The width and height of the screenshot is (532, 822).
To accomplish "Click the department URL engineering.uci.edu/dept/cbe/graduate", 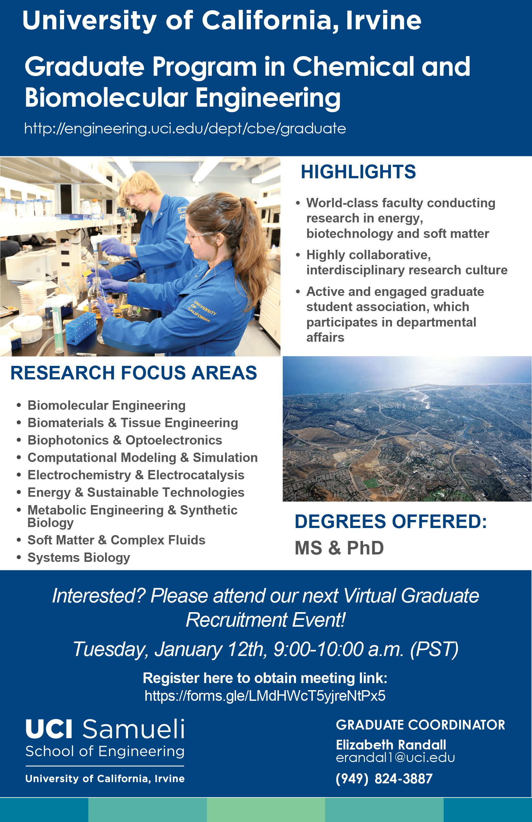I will click(x=185, y=129).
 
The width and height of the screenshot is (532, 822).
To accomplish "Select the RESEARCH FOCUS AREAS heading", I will click(x=134, y=373).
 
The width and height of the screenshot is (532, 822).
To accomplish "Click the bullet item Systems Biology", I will click(x=79, y=557).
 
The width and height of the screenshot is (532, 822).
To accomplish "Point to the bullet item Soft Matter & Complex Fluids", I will click(x=116, y=540).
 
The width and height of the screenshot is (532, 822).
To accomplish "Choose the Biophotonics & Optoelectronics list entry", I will click(x=125, y=440).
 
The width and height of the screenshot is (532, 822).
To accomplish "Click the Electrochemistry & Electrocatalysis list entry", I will click(x=136, y=475).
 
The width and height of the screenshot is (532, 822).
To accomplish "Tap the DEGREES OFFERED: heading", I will click(x=391, y=521).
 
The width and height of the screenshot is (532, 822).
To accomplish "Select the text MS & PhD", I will click(x=339, y=548).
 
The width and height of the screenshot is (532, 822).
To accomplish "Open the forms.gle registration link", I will click(x=265, y=696).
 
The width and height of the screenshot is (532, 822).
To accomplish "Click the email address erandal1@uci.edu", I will click(x=395, y=758).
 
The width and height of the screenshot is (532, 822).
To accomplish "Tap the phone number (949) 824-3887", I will click(x=384, y=779).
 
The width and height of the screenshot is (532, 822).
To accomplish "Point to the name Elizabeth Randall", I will click(x=391, y=745).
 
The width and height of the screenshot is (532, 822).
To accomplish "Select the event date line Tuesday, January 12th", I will click(x=265, y=649).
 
